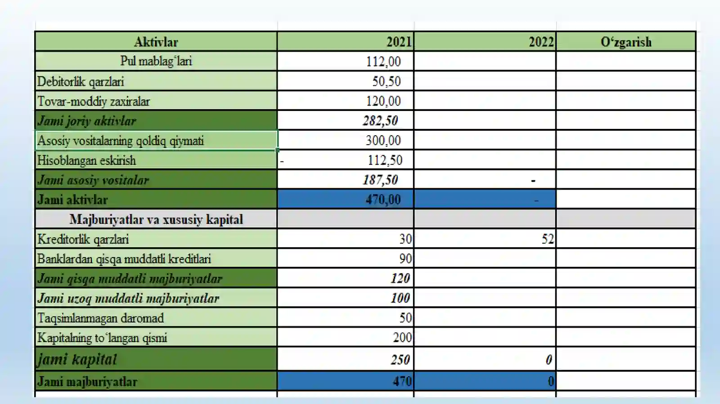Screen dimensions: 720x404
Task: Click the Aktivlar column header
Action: (156, 42)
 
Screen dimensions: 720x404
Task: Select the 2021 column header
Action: (399, 42)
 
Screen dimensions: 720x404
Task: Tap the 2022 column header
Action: (542, 42)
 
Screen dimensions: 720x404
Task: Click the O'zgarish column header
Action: (626, 42)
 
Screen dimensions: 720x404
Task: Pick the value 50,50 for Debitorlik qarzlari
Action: (387, 81)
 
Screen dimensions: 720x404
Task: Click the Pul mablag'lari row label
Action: (156, 61)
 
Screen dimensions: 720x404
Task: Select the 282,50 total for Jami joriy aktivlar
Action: (380, 120)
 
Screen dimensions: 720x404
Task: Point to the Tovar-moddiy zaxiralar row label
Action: (94, 102)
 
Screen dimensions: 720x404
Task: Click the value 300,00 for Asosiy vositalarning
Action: (383, 141)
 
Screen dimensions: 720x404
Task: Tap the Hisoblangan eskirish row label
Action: (86, 160)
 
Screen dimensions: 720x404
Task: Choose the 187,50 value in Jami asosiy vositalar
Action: (380, 180)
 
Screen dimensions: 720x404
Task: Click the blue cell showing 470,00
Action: (346, 199)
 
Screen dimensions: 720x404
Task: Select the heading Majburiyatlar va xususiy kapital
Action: (156, 219)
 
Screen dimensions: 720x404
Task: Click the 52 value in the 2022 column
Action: (548, 239)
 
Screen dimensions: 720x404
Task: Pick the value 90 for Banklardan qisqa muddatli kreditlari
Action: (405, 259)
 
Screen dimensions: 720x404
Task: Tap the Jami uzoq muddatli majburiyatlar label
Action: (128, 298)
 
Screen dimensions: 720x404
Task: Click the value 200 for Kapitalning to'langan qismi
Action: (402, 337)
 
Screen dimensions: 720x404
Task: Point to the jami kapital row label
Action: (77, 359)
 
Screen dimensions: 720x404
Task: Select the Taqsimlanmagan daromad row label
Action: (101, 318)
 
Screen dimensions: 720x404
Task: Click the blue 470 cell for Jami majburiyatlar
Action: (346, 381)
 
